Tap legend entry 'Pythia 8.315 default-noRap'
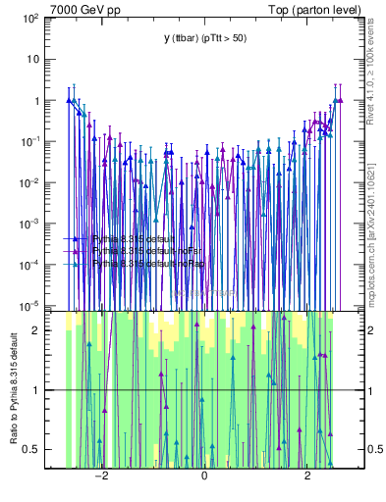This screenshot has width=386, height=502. tap(144, 263)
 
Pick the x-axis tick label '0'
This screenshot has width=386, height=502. tap(204, 476)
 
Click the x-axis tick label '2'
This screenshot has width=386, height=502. tap(308, 476)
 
